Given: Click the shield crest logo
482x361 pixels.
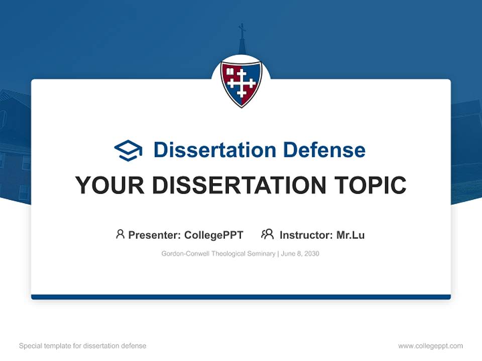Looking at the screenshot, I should (x=241, y=83).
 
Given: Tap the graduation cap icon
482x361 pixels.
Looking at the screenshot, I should (x=128, y=150).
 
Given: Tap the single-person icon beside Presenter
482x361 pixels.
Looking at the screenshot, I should (x=120, y=234).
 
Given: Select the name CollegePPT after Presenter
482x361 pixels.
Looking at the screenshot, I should (x=213, y=235).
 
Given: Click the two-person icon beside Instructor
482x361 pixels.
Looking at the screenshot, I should (x=267, y=234).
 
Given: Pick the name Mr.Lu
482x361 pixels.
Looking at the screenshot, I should (x=350, y=235).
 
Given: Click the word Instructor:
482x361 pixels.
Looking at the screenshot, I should (x=306, y=235).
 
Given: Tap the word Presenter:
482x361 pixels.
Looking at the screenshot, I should (x=155, y=235).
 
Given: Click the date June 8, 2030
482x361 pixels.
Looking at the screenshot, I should (x=300, y=254).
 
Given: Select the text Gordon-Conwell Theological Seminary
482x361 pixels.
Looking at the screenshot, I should (x=218, y=254).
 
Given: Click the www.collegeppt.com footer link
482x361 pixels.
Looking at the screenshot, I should (x=430, y=346).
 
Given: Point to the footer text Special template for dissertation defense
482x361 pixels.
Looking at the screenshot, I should (x=83, y=346).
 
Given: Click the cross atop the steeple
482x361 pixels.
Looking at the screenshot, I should (x=242, y=29).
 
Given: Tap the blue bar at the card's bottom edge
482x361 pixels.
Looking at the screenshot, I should (x=241, y=297).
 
